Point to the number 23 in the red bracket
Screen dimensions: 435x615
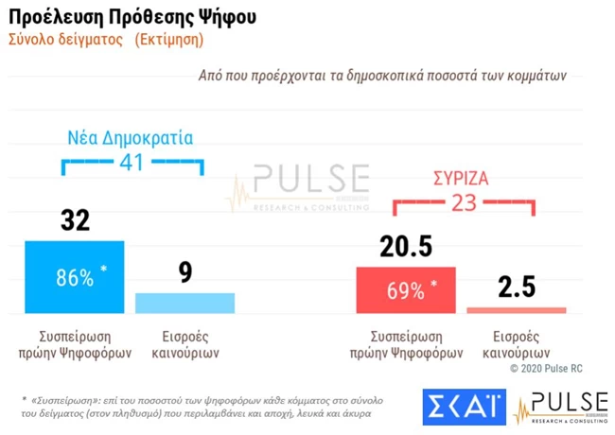click(464, 202)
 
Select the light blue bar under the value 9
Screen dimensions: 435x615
click(184, 303)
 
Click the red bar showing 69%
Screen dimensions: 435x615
click(406, 289)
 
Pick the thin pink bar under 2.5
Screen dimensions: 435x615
click(517, 309)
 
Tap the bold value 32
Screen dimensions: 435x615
click(75, 221)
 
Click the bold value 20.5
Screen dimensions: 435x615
click(406, 247)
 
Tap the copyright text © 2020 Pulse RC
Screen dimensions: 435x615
click(553, 366)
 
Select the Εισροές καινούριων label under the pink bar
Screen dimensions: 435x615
click(517, 343)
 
